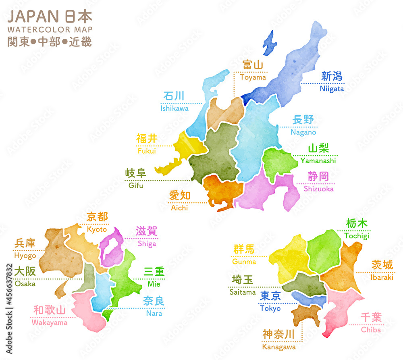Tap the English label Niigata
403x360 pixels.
(332, 89)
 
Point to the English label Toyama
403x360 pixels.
(253, 77)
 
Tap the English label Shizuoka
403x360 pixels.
(318, 189)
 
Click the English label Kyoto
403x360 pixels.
(97, 229)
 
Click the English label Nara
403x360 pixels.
(154, 313)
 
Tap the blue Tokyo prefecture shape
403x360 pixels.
(308, 299)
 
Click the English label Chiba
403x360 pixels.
(371, 330)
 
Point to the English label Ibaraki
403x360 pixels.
(382, 277)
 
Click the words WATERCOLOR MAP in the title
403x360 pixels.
(50, 30)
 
